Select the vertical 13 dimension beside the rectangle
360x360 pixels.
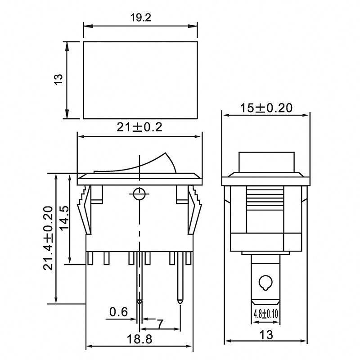(x=58, y=80)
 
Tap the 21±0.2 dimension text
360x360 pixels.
(x=139, y=127)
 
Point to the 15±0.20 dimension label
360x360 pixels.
(x=266, y=108)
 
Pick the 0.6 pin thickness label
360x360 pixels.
(x=118, y=312)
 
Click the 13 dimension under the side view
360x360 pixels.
(x=266, y=335)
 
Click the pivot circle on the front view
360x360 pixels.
(x=139, y=194)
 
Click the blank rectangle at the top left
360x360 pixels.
(x=140, y=80)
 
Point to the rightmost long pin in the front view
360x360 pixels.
(x=181, y=279)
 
